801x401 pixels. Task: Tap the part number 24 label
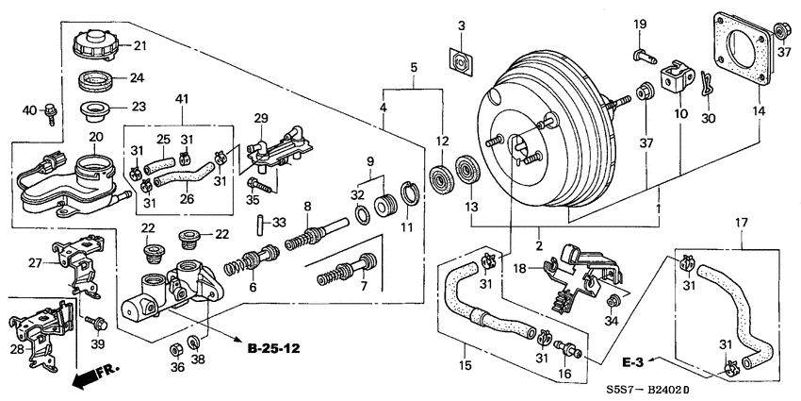point(137,77)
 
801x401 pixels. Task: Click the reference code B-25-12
point(273,349)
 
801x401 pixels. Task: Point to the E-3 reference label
point(633,360)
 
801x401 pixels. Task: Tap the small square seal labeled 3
point(460,60)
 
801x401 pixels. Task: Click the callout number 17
point(742,224)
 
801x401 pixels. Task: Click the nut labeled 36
point(175,352)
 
